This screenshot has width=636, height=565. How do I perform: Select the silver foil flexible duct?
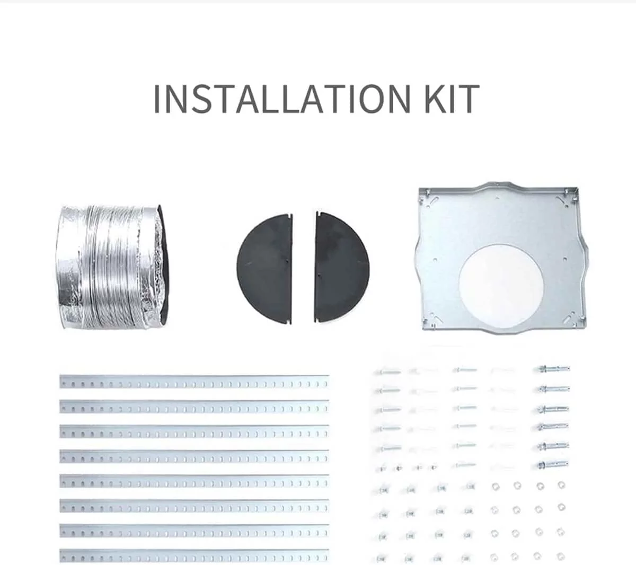113,267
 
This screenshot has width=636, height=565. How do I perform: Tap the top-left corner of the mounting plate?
419,189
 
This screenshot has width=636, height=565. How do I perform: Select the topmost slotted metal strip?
195,382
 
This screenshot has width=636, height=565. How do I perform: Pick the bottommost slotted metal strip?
195,556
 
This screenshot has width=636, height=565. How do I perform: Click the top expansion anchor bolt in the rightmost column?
552,369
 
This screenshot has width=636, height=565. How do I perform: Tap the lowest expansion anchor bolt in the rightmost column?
552,464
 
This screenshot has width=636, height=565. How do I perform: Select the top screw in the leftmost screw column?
387,372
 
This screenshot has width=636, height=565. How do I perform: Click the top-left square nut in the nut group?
384,490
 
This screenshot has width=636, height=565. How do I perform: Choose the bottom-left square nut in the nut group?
382,559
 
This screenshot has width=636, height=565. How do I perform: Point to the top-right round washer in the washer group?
561,485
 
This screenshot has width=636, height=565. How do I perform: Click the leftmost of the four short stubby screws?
382,469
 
